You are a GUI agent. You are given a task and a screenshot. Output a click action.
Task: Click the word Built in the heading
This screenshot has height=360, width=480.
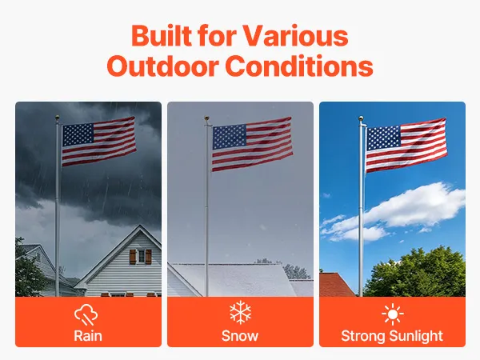click(x=162, y=35)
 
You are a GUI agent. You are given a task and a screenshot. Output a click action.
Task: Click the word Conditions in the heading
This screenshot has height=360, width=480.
click(x=299, y=66)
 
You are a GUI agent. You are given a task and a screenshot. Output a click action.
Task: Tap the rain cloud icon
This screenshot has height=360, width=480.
click(x=86, y=314)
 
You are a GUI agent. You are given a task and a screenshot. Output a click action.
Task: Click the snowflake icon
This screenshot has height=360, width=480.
click(x=240, y=312)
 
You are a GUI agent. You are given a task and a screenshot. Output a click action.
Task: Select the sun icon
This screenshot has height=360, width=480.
click(x=393, y=314)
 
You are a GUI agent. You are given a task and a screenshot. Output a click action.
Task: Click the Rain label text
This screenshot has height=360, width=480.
click(x=88, y=336)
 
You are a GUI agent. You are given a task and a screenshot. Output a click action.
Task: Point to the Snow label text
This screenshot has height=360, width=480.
click(x=240, y=336)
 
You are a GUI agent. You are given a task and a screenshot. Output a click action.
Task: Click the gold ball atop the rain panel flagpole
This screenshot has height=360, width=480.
click(x=58, y=118)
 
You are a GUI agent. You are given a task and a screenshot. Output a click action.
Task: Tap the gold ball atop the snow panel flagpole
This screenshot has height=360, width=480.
click(x=207, y=118)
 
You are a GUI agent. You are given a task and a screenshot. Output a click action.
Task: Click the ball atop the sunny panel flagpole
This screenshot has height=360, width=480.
click(x=361, y=118)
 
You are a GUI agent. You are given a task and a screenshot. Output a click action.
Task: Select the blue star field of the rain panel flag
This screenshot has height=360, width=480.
click(x=78, y=135)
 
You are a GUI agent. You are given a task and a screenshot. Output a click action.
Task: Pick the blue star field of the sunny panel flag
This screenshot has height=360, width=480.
click(x=383, y=138)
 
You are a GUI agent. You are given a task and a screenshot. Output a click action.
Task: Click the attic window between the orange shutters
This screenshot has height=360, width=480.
click(x=141, y=257)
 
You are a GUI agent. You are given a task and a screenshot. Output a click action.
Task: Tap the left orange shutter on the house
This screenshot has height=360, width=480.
click(x=133, y=257)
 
